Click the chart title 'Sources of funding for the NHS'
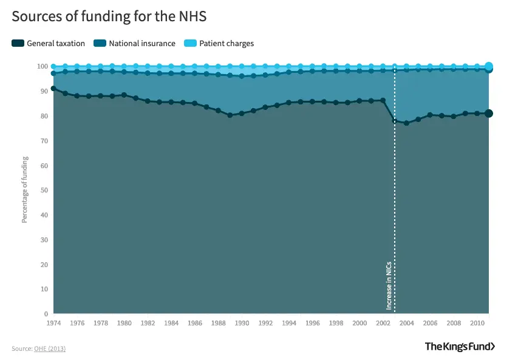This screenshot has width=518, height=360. click(109, 16)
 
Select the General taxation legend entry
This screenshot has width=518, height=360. click(49, 44)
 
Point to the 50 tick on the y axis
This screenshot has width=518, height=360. click(44, 191)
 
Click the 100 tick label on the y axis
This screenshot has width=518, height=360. click(42, 66)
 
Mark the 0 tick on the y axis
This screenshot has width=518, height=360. click(46, 314)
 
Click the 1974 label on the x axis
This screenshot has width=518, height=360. click(53, 324)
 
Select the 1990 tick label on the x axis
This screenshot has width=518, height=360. click(242, 324)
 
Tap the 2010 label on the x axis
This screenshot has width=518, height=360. click(477, 324)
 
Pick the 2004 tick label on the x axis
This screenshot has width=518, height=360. click(406, 324)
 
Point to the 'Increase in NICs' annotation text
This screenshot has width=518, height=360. click(389, 285)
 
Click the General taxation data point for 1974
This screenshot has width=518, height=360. click(53, 89)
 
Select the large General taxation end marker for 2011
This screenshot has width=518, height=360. click(489, 114)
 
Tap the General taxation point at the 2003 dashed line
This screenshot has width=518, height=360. click(395, 121)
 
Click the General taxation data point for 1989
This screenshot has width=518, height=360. click(230, 115)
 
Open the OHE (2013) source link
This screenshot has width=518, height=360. click(50, 348)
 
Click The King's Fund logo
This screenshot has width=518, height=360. click(460, 347)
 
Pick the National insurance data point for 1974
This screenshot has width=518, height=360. click(53, 73)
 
